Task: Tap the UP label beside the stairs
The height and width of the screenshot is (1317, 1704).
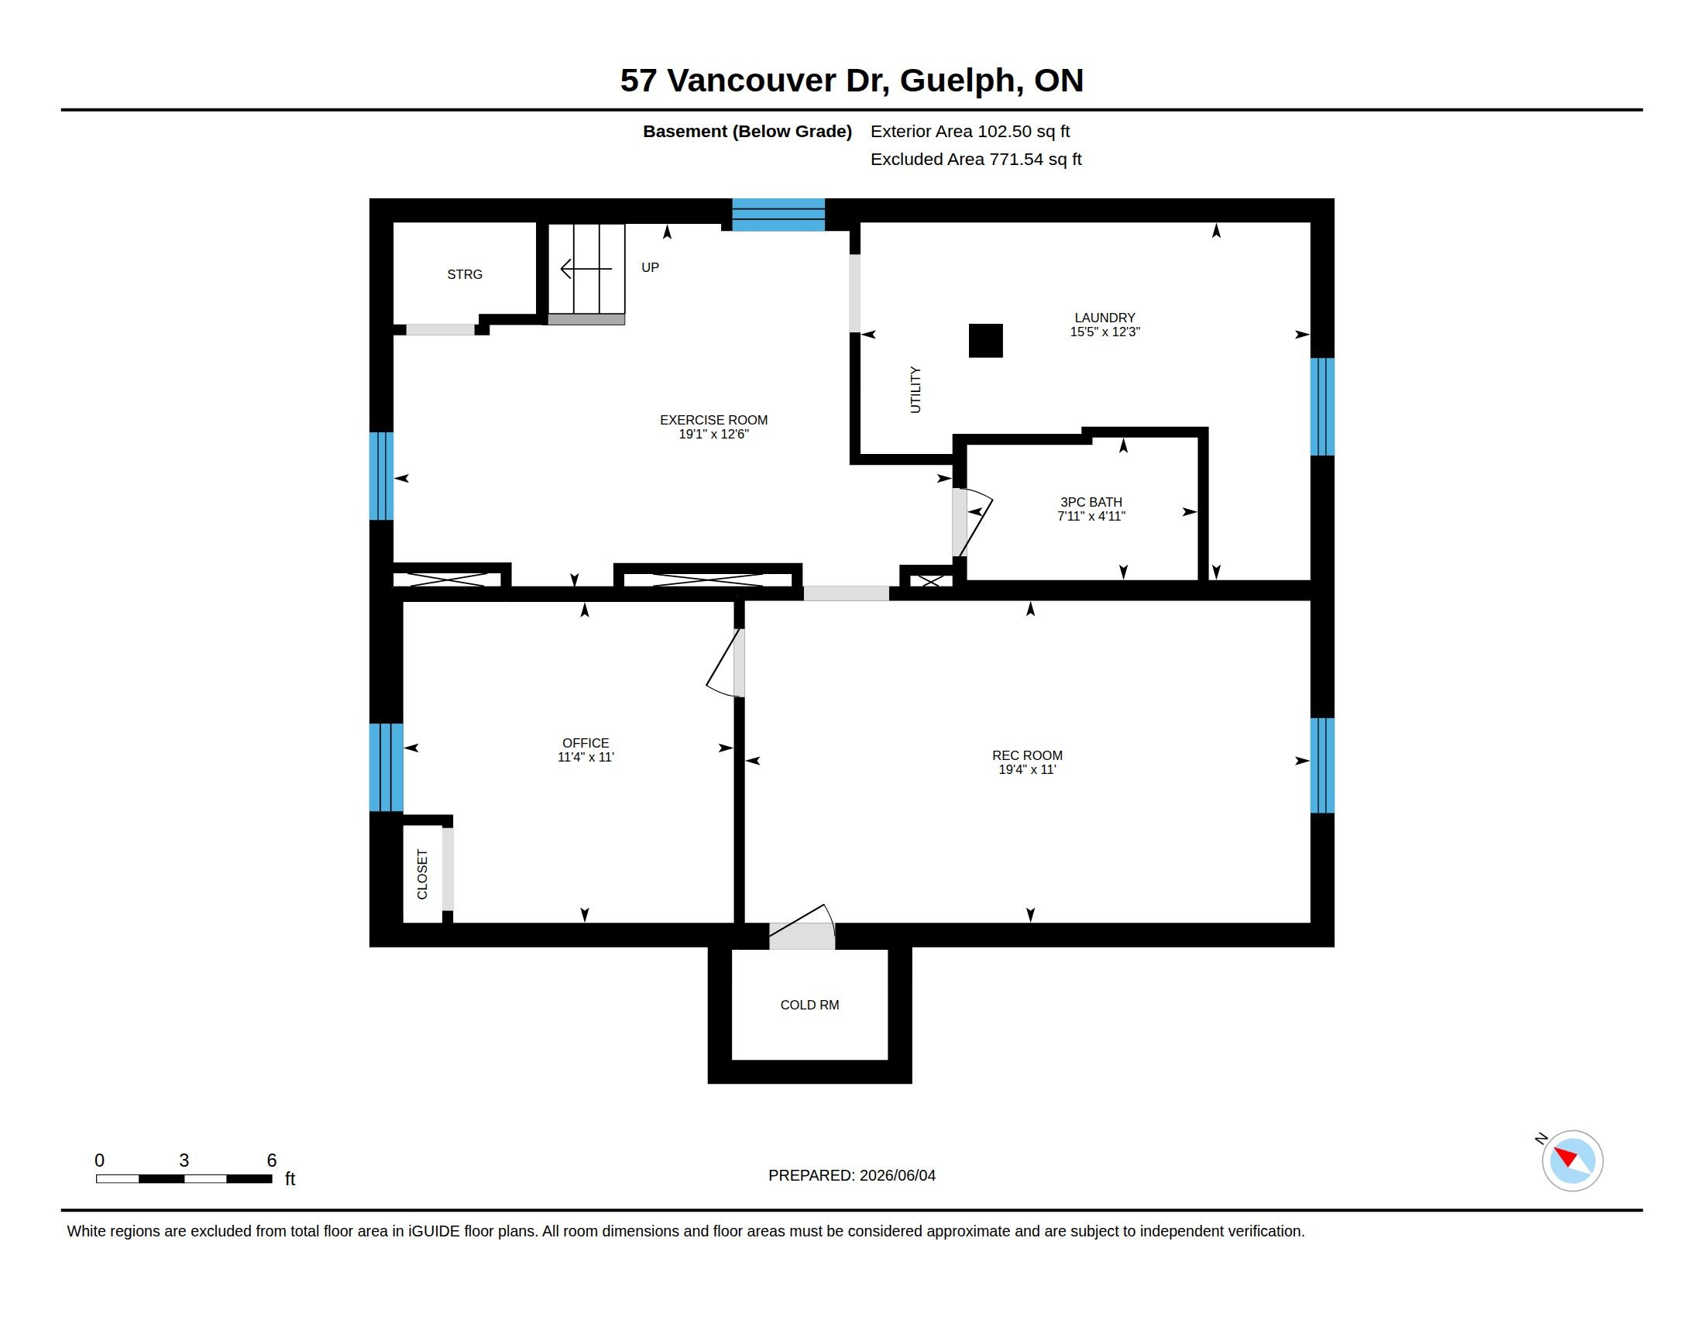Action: coord(650,267)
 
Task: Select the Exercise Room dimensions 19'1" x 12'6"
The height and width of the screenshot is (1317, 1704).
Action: coord(713,435)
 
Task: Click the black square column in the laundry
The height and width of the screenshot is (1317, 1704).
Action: coord(985,341)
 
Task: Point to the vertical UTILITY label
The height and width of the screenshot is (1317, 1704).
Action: coord(916,390)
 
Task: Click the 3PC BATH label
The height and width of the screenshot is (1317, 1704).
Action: coord(1091,503)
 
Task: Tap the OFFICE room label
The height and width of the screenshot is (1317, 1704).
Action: coord(585,744)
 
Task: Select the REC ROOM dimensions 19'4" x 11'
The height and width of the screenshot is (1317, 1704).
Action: coord(1027,770)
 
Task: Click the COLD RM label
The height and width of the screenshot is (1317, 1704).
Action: coord(810,1005)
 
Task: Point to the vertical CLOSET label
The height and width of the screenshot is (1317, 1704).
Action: coord(423,875)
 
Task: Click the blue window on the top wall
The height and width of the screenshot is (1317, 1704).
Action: coord(778,215)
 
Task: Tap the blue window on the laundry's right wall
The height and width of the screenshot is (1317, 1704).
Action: coord(1321,407)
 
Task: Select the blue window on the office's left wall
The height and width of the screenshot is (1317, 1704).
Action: coord(386,768)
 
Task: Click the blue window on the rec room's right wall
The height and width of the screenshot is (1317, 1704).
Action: coord(1321,765)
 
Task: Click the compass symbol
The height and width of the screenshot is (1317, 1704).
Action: coord(1572,1161)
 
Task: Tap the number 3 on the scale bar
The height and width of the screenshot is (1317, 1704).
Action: coord(184,1161)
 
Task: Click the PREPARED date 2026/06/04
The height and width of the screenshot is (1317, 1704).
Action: coord(897,1176)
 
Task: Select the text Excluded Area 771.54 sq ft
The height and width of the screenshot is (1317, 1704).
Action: coord(976,159)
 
